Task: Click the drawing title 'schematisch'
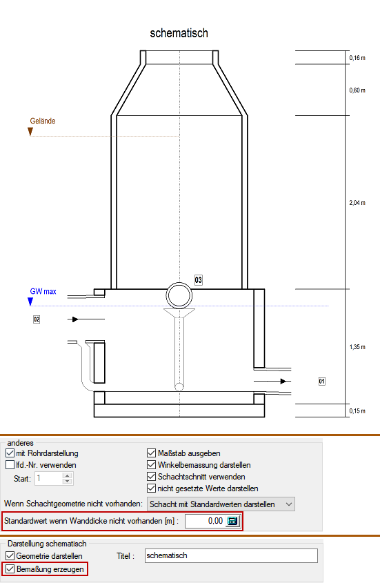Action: (179, 33)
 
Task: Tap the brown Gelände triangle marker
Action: (30, 132)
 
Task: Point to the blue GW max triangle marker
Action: (30, 302)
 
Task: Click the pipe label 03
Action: (199, 280)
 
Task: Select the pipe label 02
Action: (37, 319)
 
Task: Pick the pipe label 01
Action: (322, 381)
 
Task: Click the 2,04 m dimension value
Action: (357, 203)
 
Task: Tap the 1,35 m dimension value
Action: (357, 347)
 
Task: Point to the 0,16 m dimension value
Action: (357, 58)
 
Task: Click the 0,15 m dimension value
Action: (357, 411)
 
